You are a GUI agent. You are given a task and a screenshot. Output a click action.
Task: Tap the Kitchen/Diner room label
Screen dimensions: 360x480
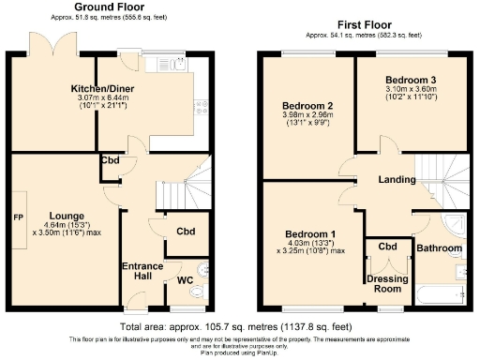105,90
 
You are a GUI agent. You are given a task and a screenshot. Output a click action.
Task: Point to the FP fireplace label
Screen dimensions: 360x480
18,218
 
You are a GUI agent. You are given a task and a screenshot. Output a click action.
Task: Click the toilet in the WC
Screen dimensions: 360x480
195,292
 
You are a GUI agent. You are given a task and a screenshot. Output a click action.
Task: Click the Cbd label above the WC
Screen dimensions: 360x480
186,232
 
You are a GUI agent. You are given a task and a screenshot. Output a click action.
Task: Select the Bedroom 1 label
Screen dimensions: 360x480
310,232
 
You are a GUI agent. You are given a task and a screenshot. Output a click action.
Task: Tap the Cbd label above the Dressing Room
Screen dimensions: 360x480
387,247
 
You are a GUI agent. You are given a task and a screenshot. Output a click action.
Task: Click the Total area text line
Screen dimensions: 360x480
239,326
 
